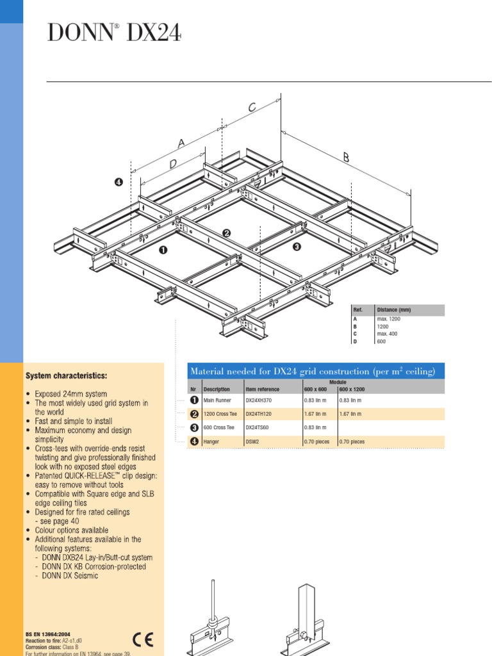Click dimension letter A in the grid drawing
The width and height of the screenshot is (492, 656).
181,144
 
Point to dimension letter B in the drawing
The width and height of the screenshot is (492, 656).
347,158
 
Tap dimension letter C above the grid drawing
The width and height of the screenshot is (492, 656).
252,108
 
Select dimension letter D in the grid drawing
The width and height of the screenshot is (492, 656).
173,165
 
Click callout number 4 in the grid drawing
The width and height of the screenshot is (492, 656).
118,182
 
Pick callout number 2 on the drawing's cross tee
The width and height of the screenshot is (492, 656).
226,233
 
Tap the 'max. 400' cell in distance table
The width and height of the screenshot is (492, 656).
390,334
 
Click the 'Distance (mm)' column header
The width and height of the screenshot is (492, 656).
394,310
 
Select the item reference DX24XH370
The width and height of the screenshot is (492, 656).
261,400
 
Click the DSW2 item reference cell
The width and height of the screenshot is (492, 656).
253,441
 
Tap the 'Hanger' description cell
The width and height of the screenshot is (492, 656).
211,441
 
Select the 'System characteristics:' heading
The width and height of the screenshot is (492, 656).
66,375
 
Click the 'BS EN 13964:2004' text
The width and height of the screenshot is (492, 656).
48,633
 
